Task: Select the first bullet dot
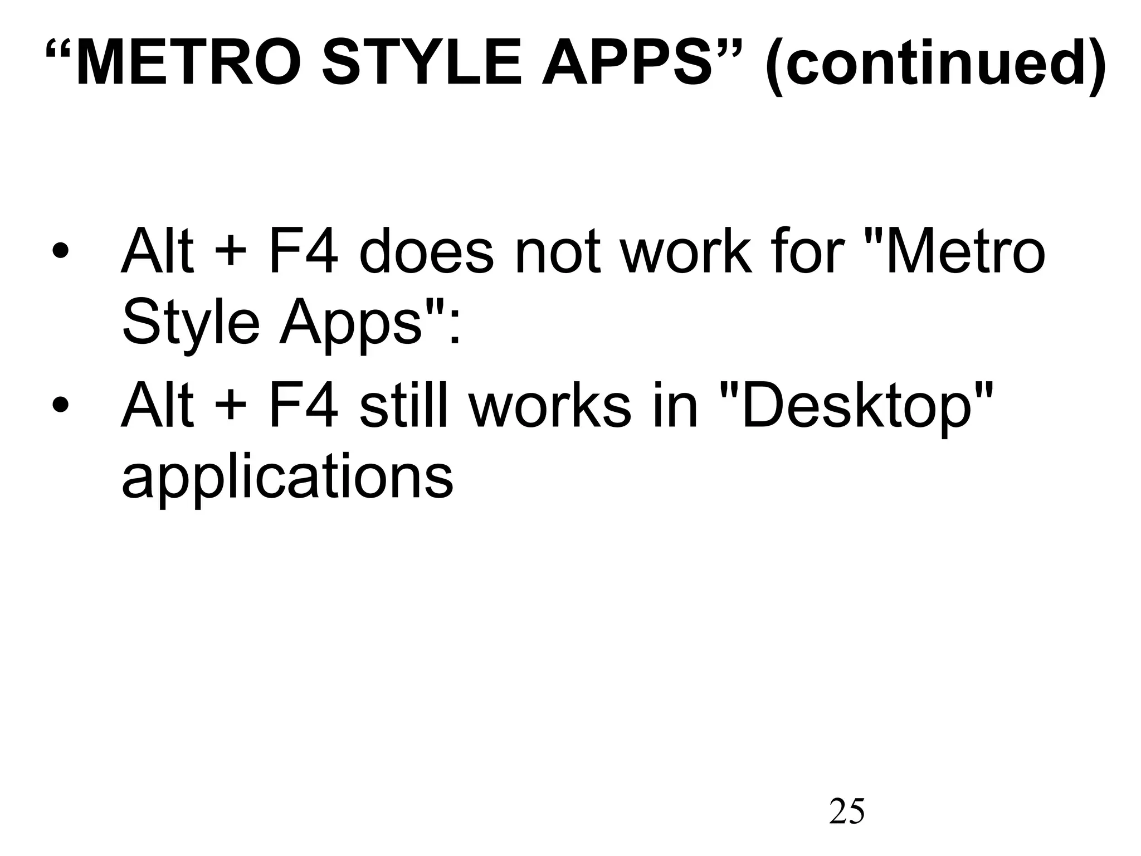click(60, 253)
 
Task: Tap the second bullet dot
click(60, 406)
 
